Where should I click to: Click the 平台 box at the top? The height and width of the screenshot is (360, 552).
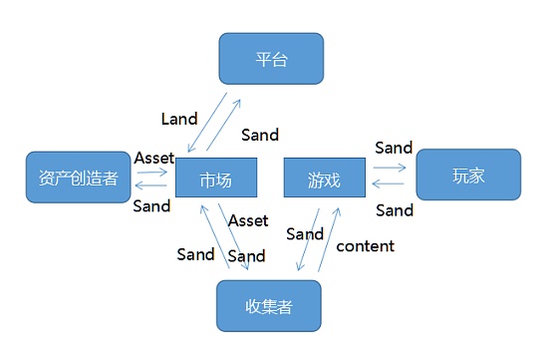point(271,59)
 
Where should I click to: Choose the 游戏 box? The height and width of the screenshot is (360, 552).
point(326,180)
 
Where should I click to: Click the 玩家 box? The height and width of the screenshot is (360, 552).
point(467,176)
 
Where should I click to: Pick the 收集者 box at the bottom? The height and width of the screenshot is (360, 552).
point(269,305)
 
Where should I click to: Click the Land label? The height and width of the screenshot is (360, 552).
point(179,119)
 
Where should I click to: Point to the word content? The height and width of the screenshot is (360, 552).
point(366,245)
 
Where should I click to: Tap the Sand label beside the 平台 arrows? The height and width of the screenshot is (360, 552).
point(260,135)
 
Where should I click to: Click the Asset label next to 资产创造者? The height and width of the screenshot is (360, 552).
point(153,158)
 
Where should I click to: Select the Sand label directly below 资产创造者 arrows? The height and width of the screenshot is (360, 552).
point(151,205)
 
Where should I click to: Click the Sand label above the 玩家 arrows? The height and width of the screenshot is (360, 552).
point(394,148)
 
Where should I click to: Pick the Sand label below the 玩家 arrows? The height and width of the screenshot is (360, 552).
point(395,209)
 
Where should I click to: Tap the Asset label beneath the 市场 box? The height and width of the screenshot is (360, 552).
point(248,219)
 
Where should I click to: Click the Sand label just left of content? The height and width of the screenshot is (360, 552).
point(305,234)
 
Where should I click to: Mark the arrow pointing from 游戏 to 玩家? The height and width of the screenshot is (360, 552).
point(389,168)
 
